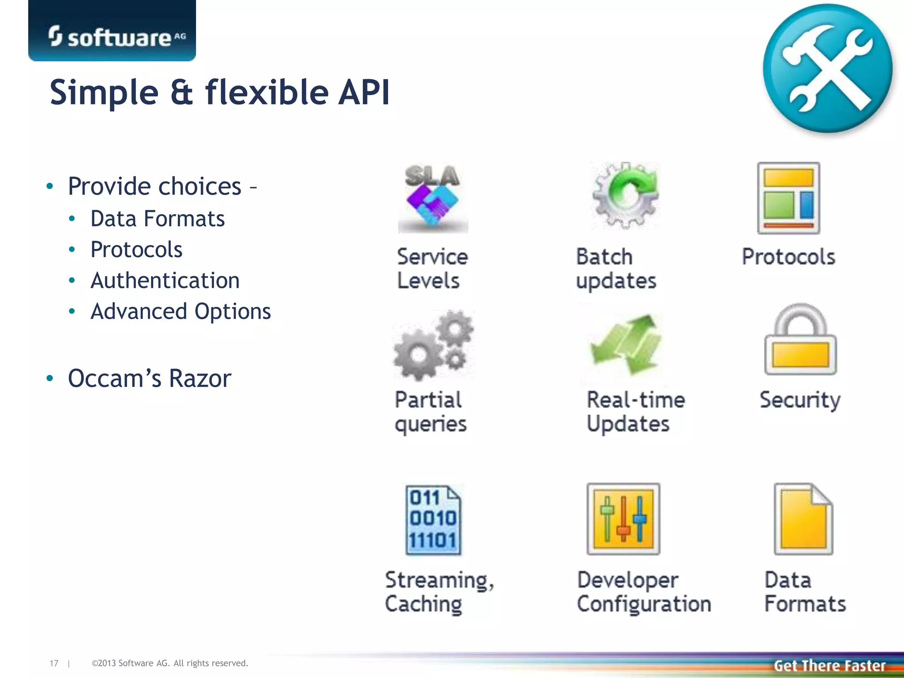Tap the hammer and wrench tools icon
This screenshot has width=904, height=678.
pos(827,68)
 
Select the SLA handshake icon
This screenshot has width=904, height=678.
pos(433,198)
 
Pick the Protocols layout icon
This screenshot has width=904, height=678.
pos(788,198)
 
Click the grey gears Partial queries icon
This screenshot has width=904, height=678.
pos(433,345)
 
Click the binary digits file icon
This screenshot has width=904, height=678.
pos(433,520)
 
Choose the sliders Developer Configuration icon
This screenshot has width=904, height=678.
pos(623,519)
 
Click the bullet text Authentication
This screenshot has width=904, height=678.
pos(165,281)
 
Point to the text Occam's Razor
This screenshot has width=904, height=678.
pos(149,379)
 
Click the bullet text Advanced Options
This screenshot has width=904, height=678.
pos(180,312)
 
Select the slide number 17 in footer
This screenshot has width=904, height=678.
pos(54,663)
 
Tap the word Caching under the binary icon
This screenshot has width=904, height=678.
pos(423,604)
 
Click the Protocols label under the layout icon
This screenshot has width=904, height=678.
pos(788,257)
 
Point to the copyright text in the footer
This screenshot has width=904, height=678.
pos(170,663)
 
